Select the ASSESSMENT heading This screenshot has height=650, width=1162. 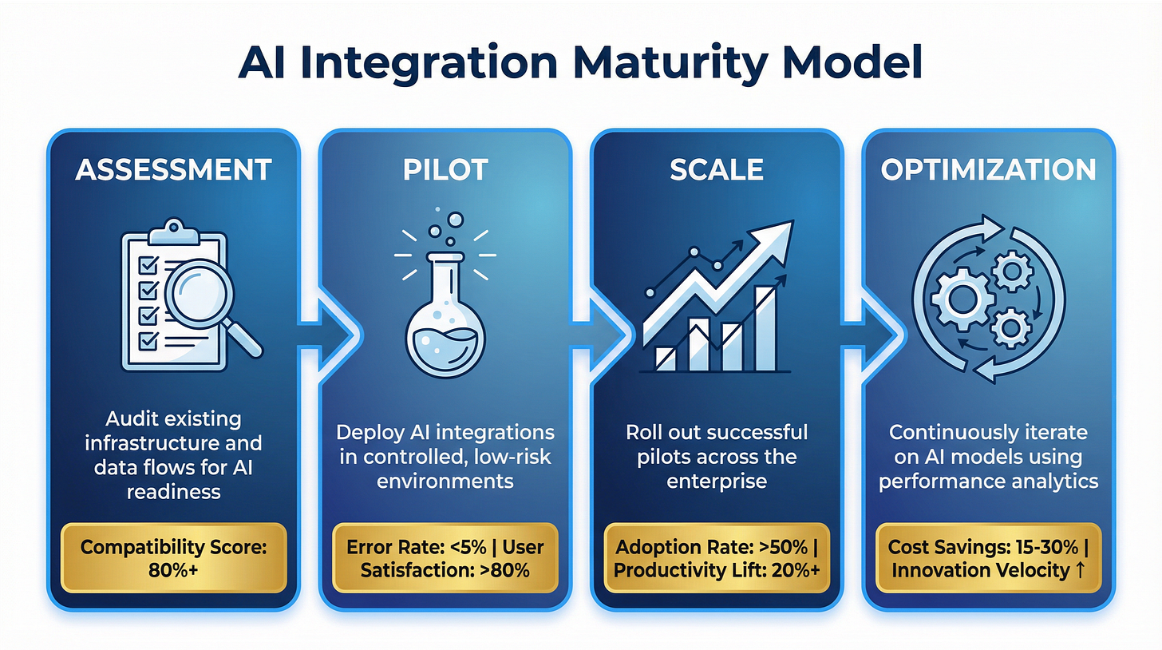point(173,169)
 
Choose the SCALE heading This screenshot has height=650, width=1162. point(716,169)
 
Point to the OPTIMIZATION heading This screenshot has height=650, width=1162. point(988,169)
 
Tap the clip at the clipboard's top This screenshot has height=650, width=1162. point(174,234)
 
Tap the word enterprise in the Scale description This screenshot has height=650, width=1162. point(716,483)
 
